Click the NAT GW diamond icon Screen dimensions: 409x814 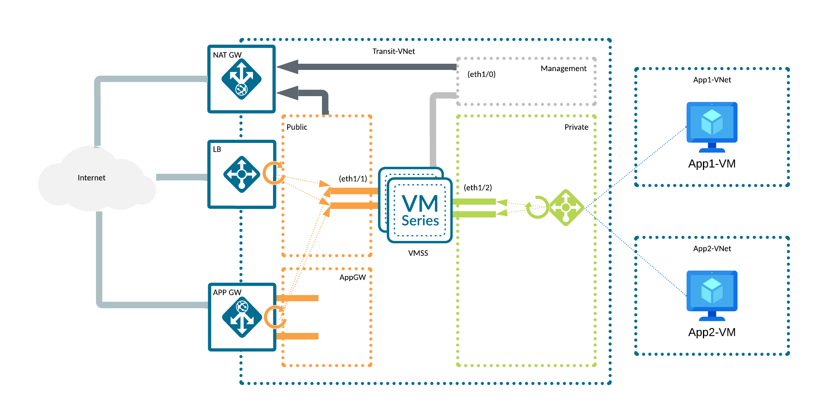tap(241, 79)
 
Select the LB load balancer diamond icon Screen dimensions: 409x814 tap(242, 174)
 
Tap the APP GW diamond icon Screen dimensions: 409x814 tap(242, 317)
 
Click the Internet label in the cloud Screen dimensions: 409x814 tap(91, 178)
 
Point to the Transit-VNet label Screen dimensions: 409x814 tap(393, 51)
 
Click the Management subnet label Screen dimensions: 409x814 tap(563, 69)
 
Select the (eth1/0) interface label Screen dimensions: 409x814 tap(481, 74)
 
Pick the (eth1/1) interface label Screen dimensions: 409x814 tap(353, 178)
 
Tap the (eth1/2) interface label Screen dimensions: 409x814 tap(478, 188)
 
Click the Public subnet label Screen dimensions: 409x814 tap(297, 127)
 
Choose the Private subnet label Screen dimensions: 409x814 tap(576, 127)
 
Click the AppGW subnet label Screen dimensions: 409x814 tap(352, 277)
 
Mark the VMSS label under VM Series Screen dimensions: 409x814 tap(418, 253)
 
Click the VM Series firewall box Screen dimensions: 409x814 tap(420, 210)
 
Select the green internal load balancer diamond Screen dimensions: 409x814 tap(566, 207)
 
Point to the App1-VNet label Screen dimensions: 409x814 tap(712, 80)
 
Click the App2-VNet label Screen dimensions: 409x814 tap(712, 249)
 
